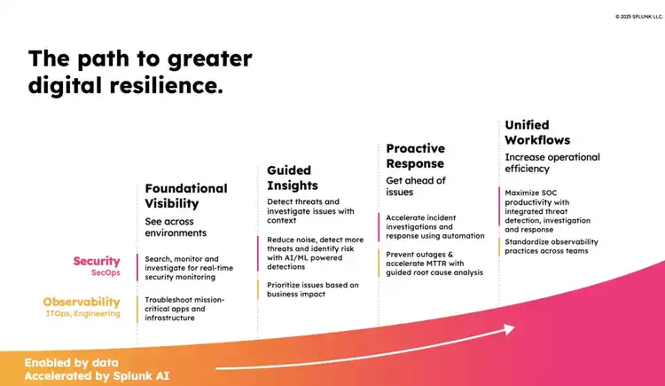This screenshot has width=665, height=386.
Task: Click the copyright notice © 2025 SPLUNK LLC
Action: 638,17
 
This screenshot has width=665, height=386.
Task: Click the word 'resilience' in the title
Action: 166,85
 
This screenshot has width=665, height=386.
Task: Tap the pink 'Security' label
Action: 97,261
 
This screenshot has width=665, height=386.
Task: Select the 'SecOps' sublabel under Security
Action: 106,272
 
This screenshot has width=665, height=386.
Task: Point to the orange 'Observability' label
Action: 82,302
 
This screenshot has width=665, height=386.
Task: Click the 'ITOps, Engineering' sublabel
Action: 83,313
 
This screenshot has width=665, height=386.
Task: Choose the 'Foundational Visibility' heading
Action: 186,196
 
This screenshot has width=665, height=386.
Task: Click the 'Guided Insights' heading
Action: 293,178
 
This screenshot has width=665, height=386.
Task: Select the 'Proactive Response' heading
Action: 416,156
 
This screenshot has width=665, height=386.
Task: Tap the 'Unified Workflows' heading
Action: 537,132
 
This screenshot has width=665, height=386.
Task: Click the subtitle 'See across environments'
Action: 176,227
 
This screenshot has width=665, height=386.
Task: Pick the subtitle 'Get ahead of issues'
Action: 416,186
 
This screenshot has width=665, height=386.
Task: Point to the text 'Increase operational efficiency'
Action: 552,162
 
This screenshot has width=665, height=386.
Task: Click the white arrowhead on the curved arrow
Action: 509,329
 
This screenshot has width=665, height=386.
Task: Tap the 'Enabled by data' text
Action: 72,363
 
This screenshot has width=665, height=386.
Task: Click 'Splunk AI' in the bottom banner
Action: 141,376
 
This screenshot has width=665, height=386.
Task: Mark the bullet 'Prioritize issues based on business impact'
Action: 313,289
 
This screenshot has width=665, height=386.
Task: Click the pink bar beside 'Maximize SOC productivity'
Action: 499,207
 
